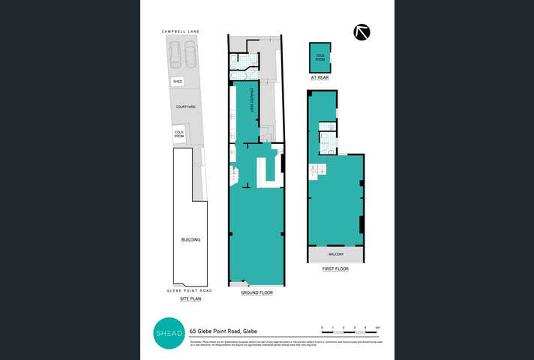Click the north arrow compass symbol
[363, 32]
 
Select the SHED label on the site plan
[178, 81]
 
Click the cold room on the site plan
[179, 134]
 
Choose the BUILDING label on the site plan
[190, 239]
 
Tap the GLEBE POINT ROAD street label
[190, 290]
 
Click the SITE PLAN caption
[190, 298]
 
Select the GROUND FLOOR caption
[256, 293]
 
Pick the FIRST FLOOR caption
[336, 268]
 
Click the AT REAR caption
[320, 77]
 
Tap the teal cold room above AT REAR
[320, 56]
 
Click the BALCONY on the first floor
[335, 254]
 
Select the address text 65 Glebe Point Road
[223, 331]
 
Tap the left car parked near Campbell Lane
[175, 54]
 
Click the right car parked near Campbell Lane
[190, 54]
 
